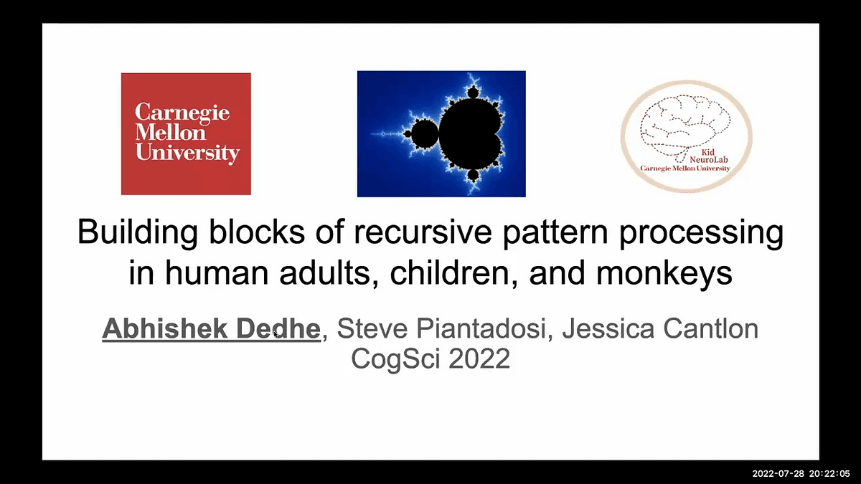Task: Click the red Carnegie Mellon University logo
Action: click(186, 133)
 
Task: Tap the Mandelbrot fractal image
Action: click(441, 133)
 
